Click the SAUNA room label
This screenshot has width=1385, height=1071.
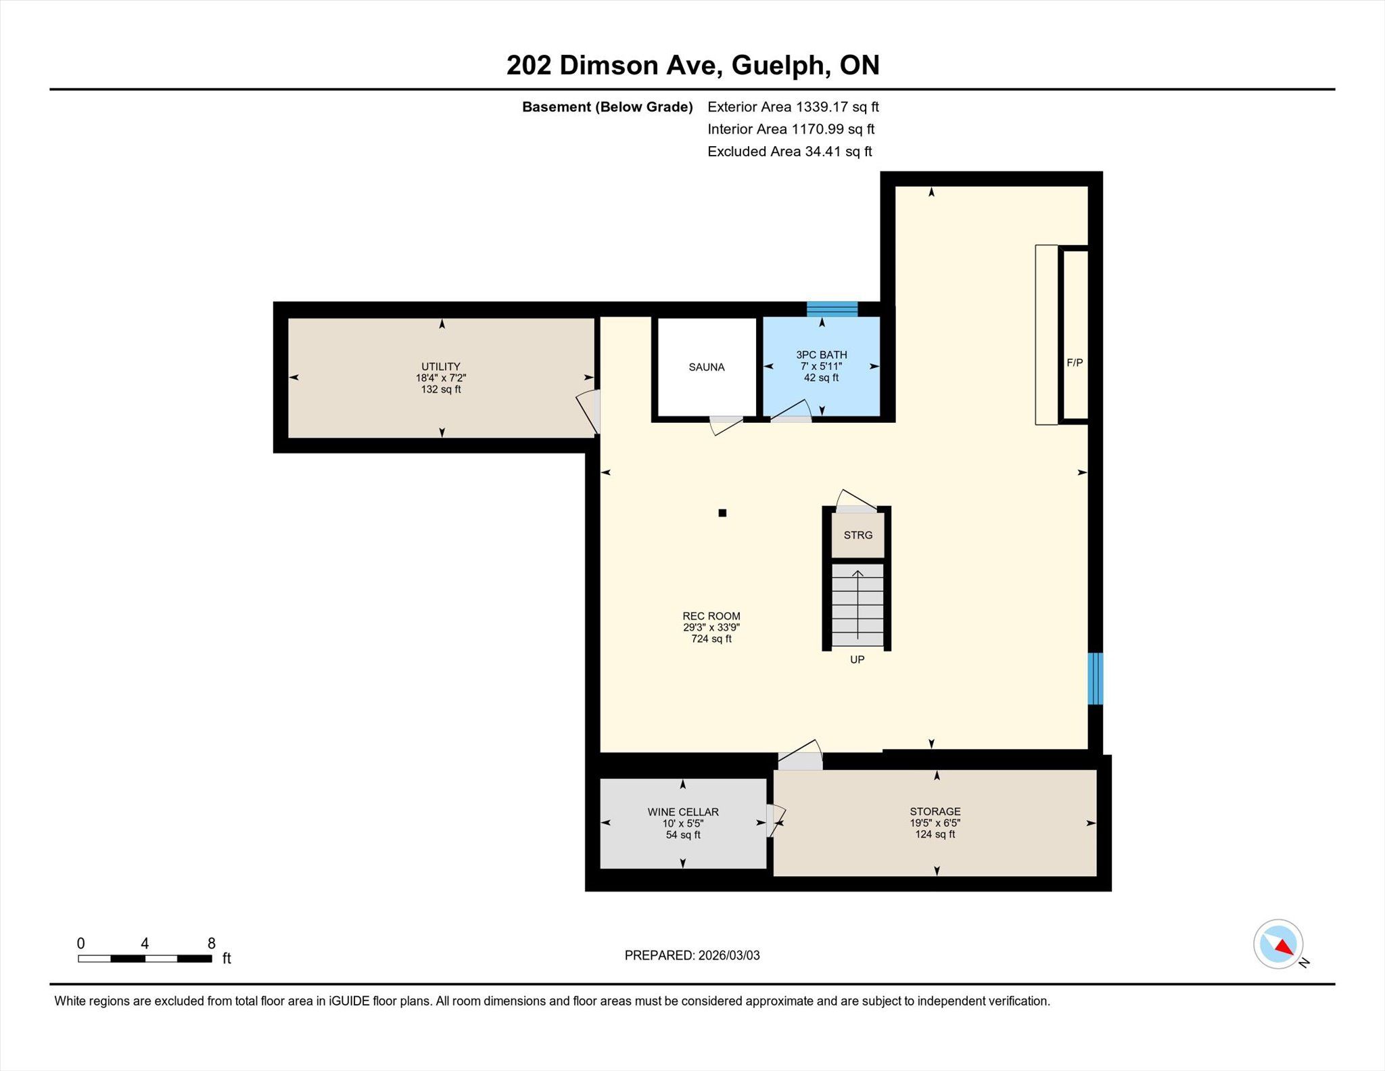tap(706, 367)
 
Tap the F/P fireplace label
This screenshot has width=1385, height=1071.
tap(1075, 363)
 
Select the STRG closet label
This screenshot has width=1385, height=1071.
tap(858, 535)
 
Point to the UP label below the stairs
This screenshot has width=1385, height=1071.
tap(857, 660)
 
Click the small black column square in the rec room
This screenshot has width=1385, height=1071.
tap(722, 513)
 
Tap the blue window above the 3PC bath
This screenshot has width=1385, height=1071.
tap(832, 309)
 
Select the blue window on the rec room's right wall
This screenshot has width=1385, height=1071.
tap(1095, 678)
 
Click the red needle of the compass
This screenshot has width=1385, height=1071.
tap(1284, 947)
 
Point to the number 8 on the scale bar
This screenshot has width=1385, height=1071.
tap(212, 943)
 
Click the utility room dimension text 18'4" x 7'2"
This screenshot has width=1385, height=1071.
tap(441, 378)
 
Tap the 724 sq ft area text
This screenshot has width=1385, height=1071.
tap(711, 639)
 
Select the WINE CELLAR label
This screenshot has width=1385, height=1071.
tap(683, 812)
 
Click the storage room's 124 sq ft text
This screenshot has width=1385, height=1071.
tap(935, 834)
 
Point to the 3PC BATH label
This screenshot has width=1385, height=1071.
tap(822, 355)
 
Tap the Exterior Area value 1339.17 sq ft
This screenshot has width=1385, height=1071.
tap(837, 107)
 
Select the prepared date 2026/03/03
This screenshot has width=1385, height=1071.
tap(729, 955)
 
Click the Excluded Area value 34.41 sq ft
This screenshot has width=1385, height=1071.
tap(838, 152)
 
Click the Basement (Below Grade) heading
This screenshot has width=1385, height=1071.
tap(607, 107)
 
